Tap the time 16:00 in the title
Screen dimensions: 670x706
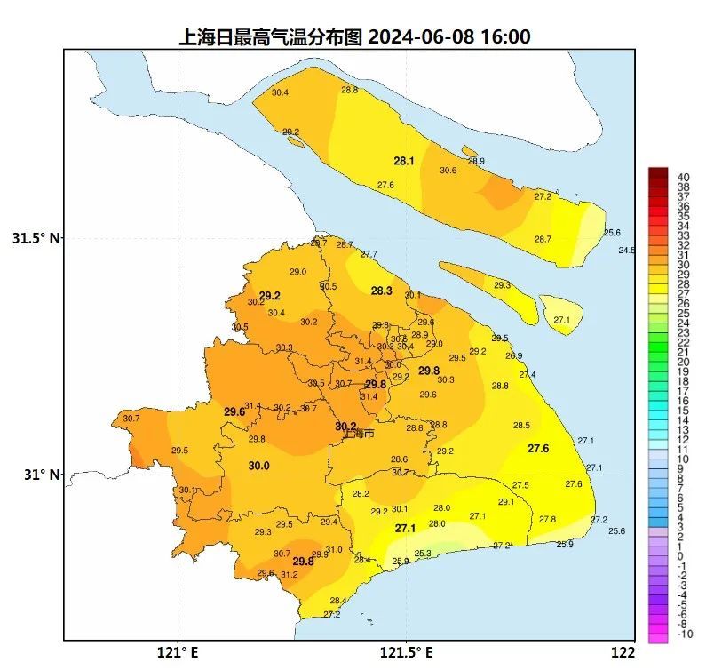[x=505, y=37]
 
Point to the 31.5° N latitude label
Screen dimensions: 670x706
[x=36, y=238]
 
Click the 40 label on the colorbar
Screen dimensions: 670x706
[x=684, y=176]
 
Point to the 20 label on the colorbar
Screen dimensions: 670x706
[x=684, y=362]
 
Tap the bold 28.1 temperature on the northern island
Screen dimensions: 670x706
[x=404, y=162]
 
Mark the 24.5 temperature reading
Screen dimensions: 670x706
[x=627, y=251]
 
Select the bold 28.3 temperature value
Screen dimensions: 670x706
[x=381, y=291]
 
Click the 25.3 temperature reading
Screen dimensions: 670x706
[x=423, y=554]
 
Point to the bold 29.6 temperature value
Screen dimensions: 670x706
[x=234, y=412]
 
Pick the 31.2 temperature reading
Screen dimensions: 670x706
[x=289, y=575]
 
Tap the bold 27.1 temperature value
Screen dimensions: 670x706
[x=405, y=529]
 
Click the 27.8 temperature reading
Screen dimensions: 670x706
[x=547, y=519]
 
